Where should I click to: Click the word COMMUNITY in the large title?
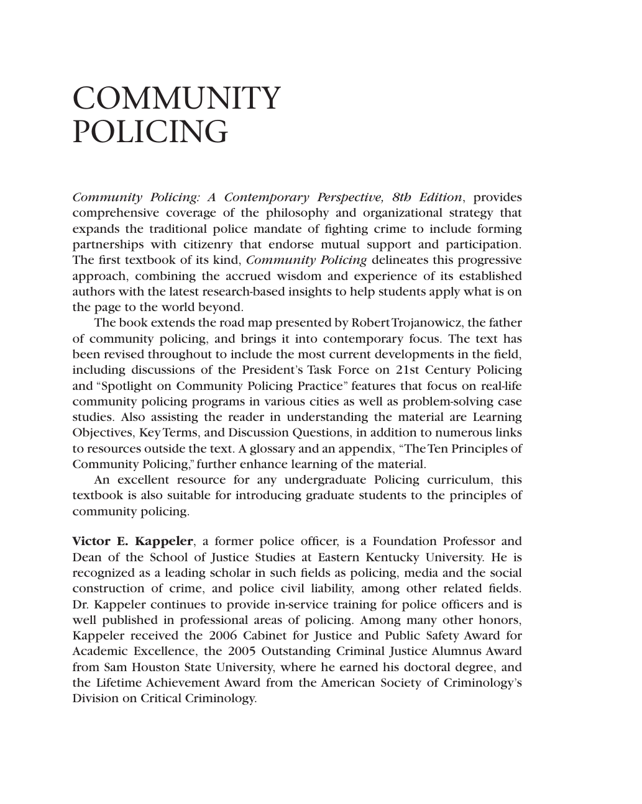tap(177, 99)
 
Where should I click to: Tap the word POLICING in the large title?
tap(150, 132)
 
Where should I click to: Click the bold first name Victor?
tap(91, 541)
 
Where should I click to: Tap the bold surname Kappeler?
tap(165, 541)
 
